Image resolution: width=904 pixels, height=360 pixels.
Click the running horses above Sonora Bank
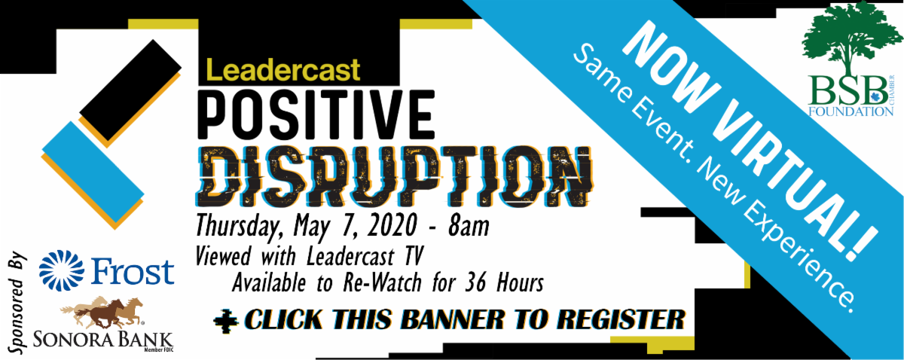(x=102, y=313)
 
